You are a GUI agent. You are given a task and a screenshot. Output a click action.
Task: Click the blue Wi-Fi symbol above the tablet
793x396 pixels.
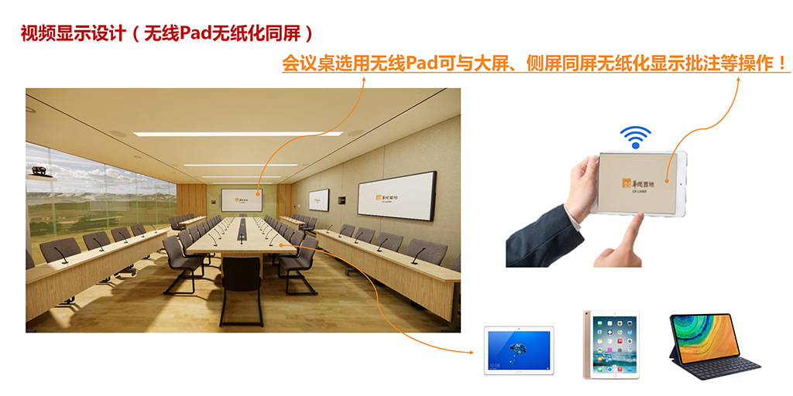point(635,137)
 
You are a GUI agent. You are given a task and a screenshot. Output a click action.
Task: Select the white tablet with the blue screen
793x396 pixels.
point(518,350)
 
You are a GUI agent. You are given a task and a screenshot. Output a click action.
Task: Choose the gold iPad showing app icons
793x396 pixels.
point(611,345)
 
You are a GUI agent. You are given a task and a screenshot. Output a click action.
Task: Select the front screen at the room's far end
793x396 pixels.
point(241,200)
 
